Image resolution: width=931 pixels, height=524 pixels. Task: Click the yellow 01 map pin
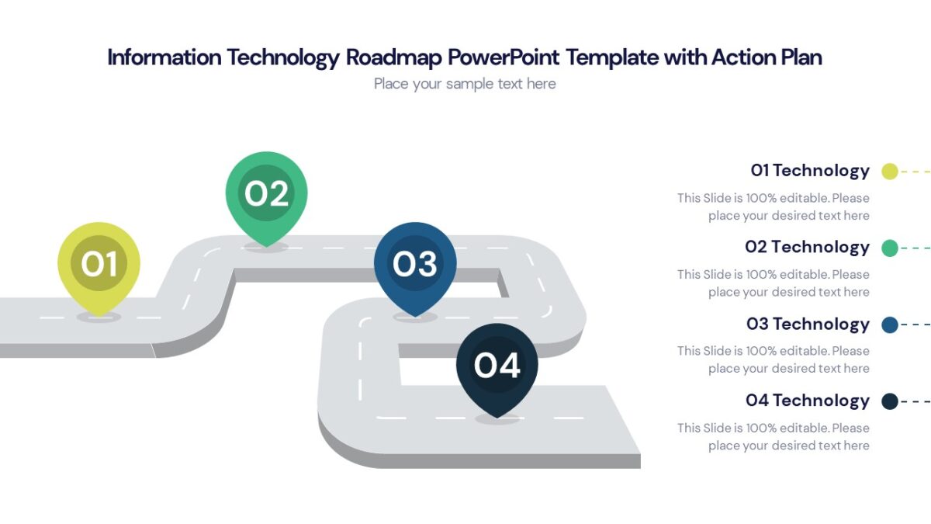coord(99,264)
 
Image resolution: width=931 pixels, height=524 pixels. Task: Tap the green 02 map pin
coord(266,194)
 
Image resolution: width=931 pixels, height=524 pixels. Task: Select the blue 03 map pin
coord(415,265)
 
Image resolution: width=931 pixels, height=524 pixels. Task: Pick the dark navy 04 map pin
coord(497,366)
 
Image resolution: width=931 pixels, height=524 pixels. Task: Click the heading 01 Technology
coord(810,171)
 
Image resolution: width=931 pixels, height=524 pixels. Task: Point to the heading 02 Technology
coord(807,247)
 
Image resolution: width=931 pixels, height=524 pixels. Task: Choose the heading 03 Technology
coord(808,324)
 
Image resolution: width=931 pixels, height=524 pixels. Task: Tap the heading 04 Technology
coord(808,401)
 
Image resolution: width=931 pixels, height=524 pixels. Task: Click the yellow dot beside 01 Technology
coord(890,172)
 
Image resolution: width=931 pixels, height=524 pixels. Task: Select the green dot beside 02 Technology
coord(890,248)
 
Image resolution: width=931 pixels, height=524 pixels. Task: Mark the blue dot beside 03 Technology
coord(890,324)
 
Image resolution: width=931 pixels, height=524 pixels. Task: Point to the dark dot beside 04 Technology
coord(890,401)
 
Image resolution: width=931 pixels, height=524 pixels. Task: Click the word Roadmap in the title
coord(394,57)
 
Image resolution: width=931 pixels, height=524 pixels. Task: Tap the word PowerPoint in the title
coord(504,57)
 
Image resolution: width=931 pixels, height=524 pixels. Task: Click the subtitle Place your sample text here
coord(465,84)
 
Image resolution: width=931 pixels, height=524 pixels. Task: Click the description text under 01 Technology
coord(774,206)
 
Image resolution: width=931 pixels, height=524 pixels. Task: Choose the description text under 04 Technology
coord(774,436)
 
